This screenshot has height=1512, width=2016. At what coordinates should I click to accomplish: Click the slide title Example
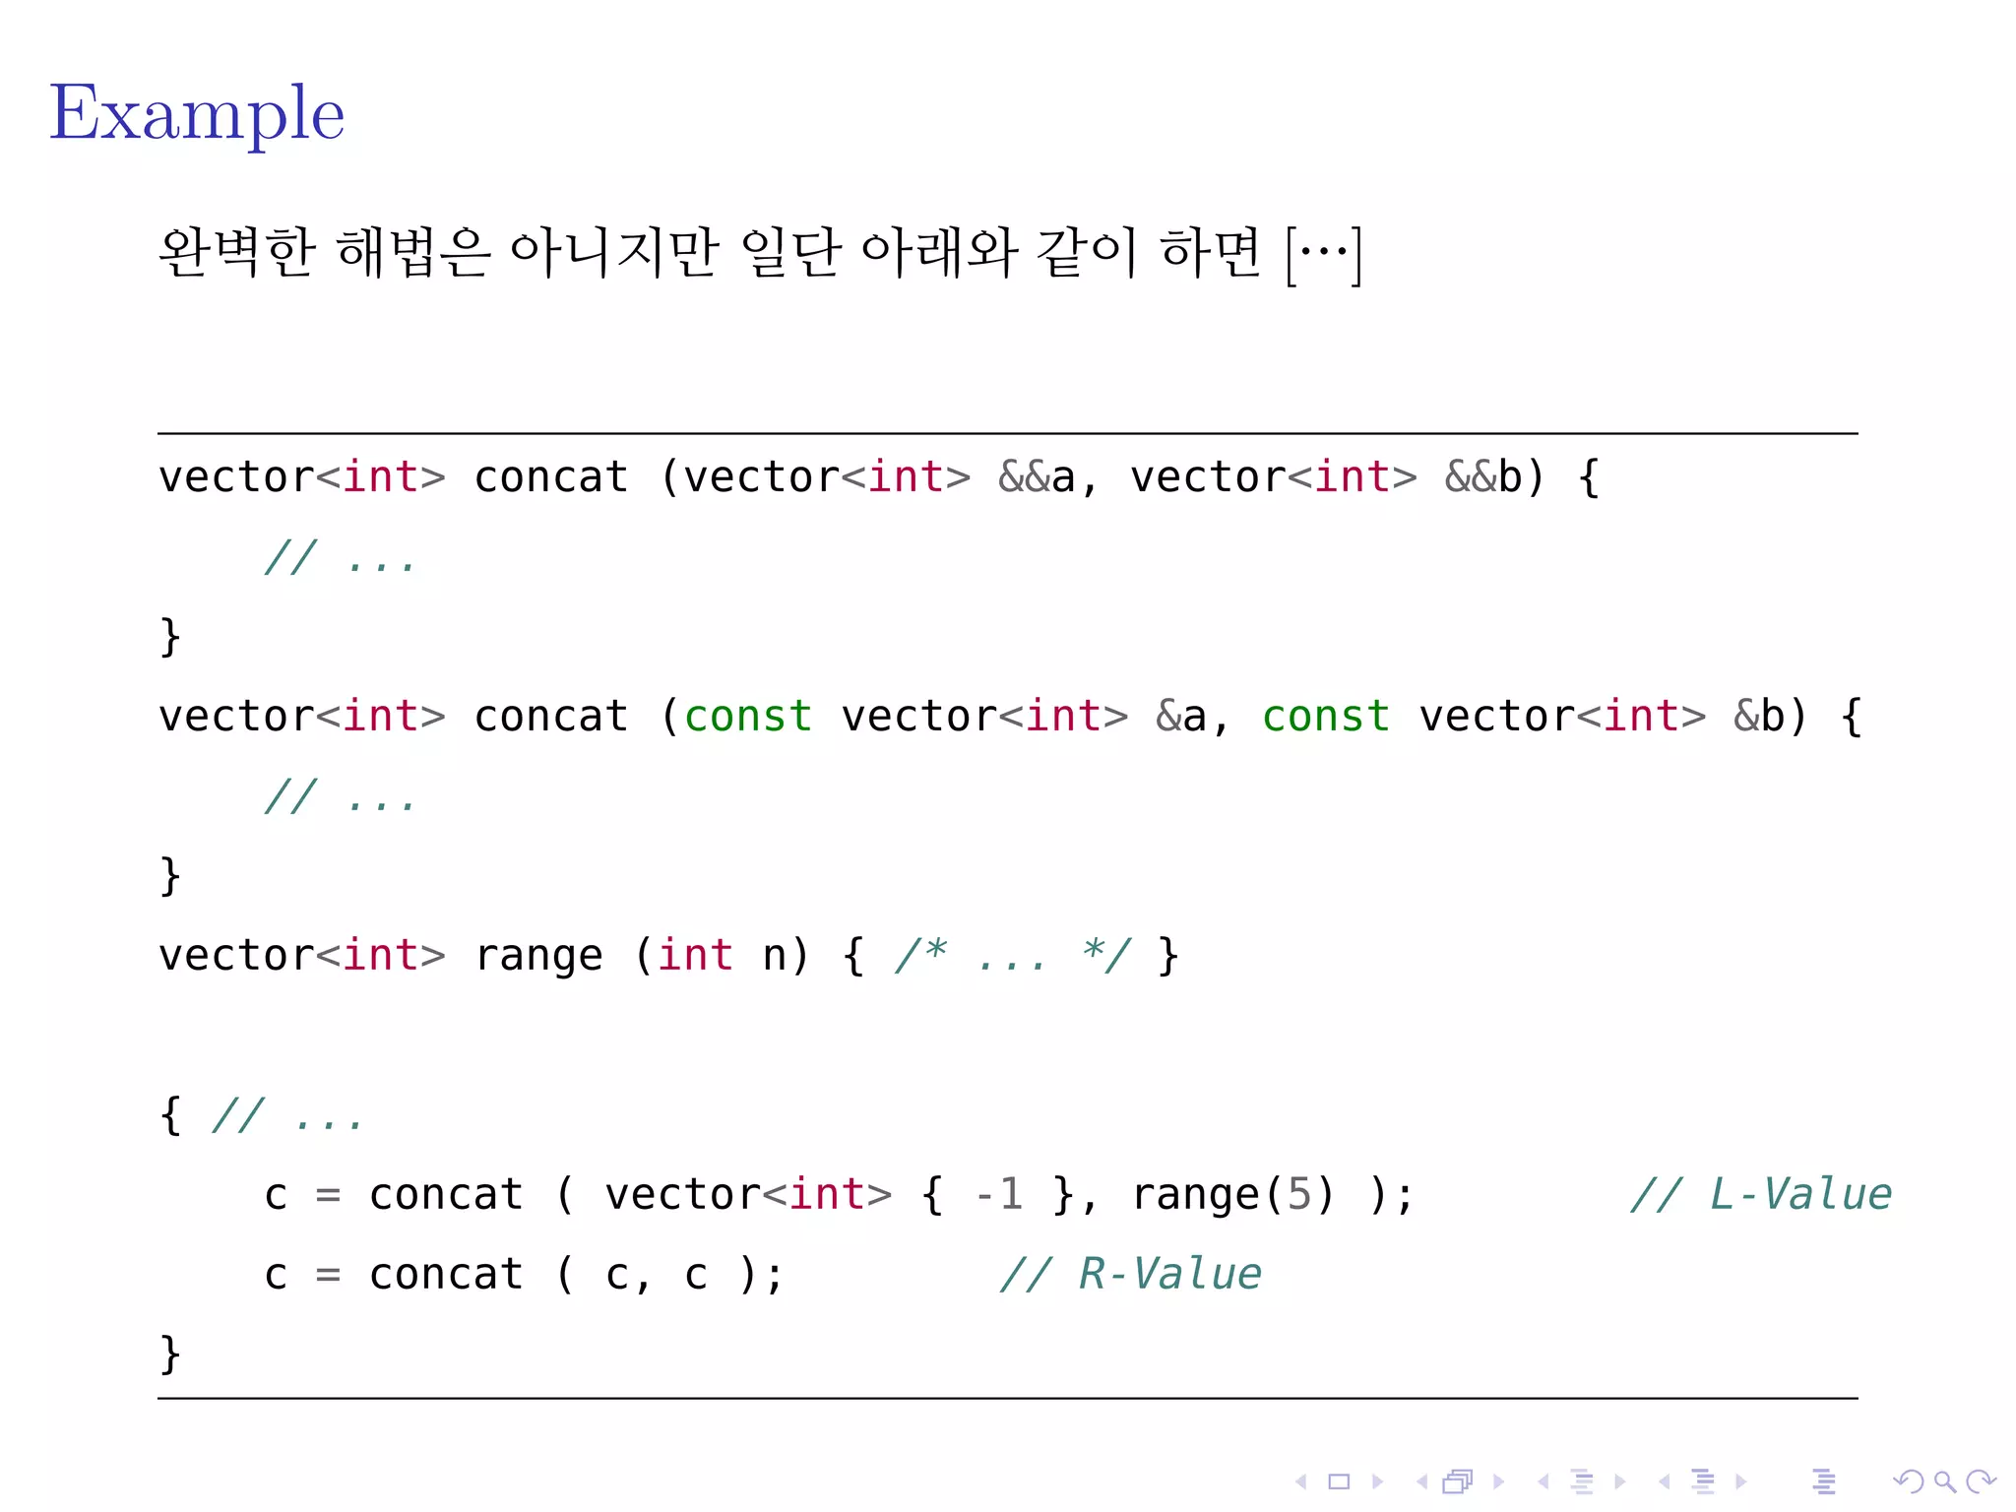(x=197, y=114)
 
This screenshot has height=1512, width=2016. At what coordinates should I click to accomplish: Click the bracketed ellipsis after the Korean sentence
(x=1324, y=254)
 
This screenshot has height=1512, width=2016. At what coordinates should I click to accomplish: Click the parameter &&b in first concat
(x=1482, y=477)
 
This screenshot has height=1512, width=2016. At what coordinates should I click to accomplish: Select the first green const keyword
(x=748, y=717)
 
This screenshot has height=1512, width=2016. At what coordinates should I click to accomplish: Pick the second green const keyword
(x=1326, y=717)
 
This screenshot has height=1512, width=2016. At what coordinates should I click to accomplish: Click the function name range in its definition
(x=538, y=956)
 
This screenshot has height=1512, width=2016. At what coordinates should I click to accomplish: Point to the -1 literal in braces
(x=998, y=1195)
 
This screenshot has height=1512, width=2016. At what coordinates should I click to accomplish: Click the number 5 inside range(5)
(x=1299, y=1195)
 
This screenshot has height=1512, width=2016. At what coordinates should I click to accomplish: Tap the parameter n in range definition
(x=775, y=956)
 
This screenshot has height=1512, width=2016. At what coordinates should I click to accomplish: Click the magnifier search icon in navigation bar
(x=1944, y=1481)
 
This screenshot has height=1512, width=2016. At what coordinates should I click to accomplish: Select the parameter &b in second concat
(x=1758, y=717)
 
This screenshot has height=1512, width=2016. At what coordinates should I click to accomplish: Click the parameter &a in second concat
(x=1180, y=717)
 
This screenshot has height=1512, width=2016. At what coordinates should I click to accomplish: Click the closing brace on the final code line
(x=170, y=1354)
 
